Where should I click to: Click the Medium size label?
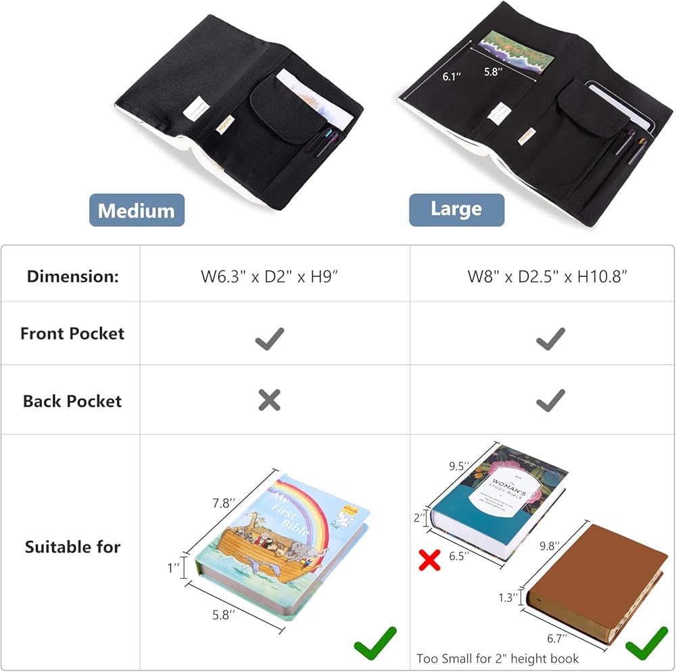point(137,210)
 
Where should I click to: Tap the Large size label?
point(456,210)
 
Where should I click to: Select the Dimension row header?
point(72,276)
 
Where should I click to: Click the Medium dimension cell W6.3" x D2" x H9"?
point(270,276)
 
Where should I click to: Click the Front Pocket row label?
point(72,333)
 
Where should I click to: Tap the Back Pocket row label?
point(72,401)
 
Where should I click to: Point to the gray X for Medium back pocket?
point(269,401)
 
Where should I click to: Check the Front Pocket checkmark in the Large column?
point(551,338)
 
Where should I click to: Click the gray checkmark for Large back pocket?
point(551,401)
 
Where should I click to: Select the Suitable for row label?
point(72,547)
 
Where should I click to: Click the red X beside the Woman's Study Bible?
point(429,560)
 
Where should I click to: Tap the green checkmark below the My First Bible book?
point(375,643)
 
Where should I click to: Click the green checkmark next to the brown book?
point(646,642)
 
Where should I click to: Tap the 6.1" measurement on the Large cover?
point(452,77)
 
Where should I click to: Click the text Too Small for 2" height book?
point(498,658)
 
